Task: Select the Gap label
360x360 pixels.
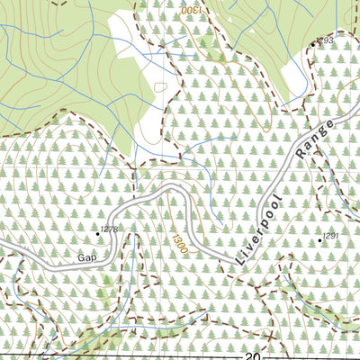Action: pos(87,257)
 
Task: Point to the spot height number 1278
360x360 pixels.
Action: pos(110,230)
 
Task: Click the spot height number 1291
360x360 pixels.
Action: pos(330,236)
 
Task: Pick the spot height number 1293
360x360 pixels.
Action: pos(325,40)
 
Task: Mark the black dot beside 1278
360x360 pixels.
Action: pos(98,233)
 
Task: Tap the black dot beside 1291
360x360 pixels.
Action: pos(319,240)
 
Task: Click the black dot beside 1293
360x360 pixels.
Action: pos(314,43)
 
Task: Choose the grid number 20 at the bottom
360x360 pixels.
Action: pos(251,355)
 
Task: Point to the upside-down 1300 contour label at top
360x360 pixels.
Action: pos(191,9)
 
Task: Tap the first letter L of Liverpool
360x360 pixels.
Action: pos(240,260)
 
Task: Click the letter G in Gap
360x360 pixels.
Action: pos(81,257)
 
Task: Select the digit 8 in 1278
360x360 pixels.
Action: pos(116,230)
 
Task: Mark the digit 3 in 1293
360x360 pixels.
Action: pos(331,40)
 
